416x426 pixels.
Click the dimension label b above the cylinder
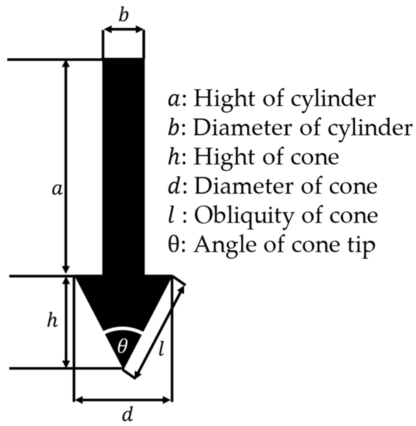pyautogui.click(x=123, y=16)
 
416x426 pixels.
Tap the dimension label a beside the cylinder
pyautogui.click(x=57, y=190)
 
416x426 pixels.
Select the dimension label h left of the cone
pyautogui.click(x=52, y=321)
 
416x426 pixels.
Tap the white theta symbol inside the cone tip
pyautogui.click(x=122, y=346)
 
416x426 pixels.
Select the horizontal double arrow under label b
pyautogui.click(x=123, y=29)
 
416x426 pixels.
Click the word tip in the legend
pyautogui.click(x=362, y=246)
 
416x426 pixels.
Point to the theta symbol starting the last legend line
pyautogui.click(x=173, y=245)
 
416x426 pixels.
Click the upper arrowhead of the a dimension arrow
pyautogui.click(x=67, y=63)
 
